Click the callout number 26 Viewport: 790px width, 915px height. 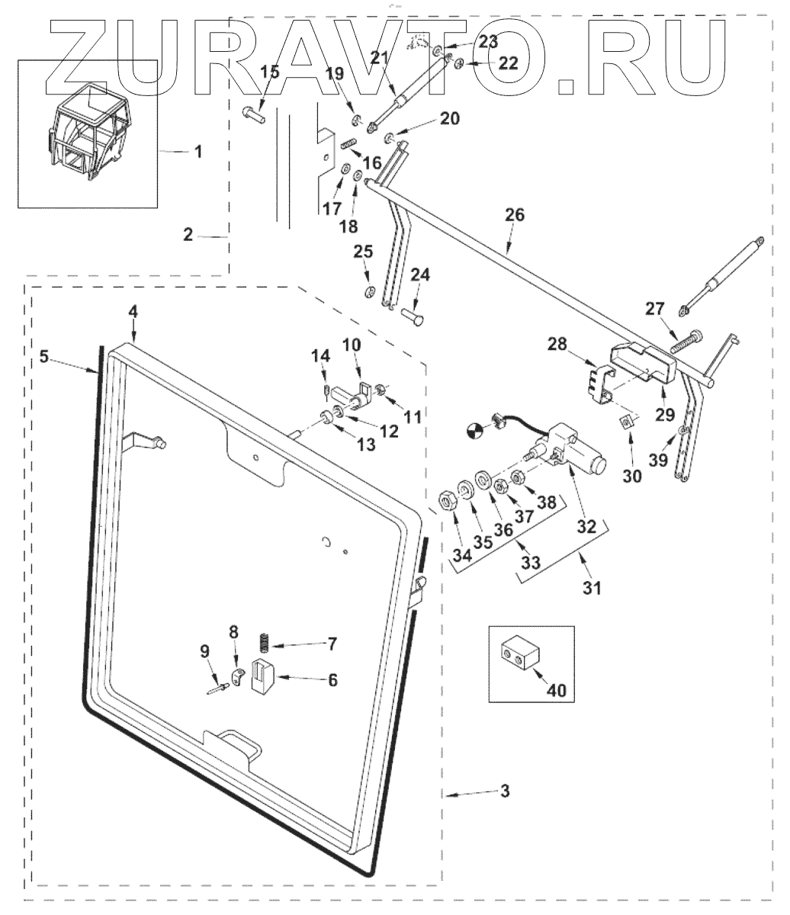[x=515, y=215]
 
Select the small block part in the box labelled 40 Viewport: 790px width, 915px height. [x=519, y=654]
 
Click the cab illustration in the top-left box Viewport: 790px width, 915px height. [x=87, y=134]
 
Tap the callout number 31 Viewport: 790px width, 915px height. [x=592, y=588]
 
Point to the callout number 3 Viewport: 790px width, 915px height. [x=504, y=791]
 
